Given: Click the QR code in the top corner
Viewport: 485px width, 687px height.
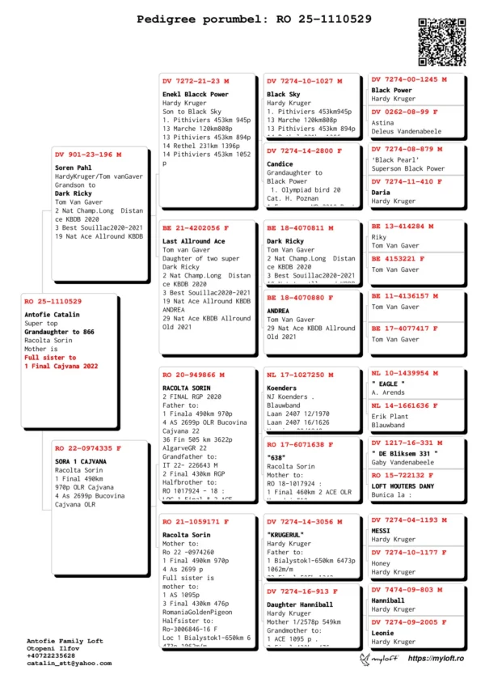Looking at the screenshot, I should [x=443, y=41].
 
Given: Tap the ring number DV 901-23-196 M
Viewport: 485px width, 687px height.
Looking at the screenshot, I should [x=88, y=154].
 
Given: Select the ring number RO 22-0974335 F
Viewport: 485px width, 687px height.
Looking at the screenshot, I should [x=88, y=447].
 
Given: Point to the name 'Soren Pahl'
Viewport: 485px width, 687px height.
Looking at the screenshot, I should [x=72, y=168].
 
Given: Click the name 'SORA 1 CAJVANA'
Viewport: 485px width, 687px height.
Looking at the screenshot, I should [x=80, y=460].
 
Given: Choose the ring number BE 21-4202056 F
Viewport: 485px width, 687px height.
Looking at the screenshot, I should [x=196, y=228].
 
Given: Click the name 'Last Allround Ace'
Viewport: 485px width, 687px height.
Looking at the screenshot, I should [x=193, y=241].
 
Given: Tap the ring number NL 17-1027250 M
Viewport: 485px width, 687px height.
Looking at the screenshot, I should [x=300, y=375].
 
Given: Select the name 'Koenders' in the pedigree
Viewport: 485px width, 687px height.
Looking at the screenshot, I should [x=282, y=388].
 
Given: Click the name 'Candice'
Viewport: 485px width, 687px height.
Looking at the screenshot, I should [x=280, y=163].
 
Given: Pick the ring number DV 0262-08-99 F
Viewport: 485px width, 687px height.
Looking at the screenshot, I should [x=405, y=112].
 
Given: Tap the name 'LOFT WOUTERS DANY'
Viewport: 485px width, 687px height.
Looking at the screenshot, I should [x=403, y=486].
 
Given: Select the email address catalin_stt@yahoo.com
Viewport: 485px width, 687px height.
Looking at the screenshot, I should [x=70, y=663].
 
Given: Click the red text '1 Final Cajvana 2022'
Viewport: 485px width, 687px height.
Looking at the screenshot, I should [x=61, y=366].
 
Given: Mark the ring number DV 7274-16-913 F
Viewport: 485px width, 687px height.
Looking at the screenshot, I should [x=303, y=591].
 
